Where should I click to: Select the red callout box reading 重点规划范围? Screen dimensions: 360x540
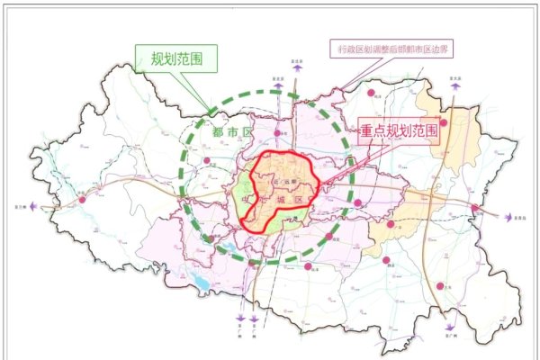click(x=400, y=131)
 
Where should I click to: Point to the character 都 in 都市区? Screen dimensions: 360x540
click(x=217, y=132)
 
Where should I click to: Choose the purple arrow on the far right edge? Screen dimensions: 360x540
click(x=507, y=216)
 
